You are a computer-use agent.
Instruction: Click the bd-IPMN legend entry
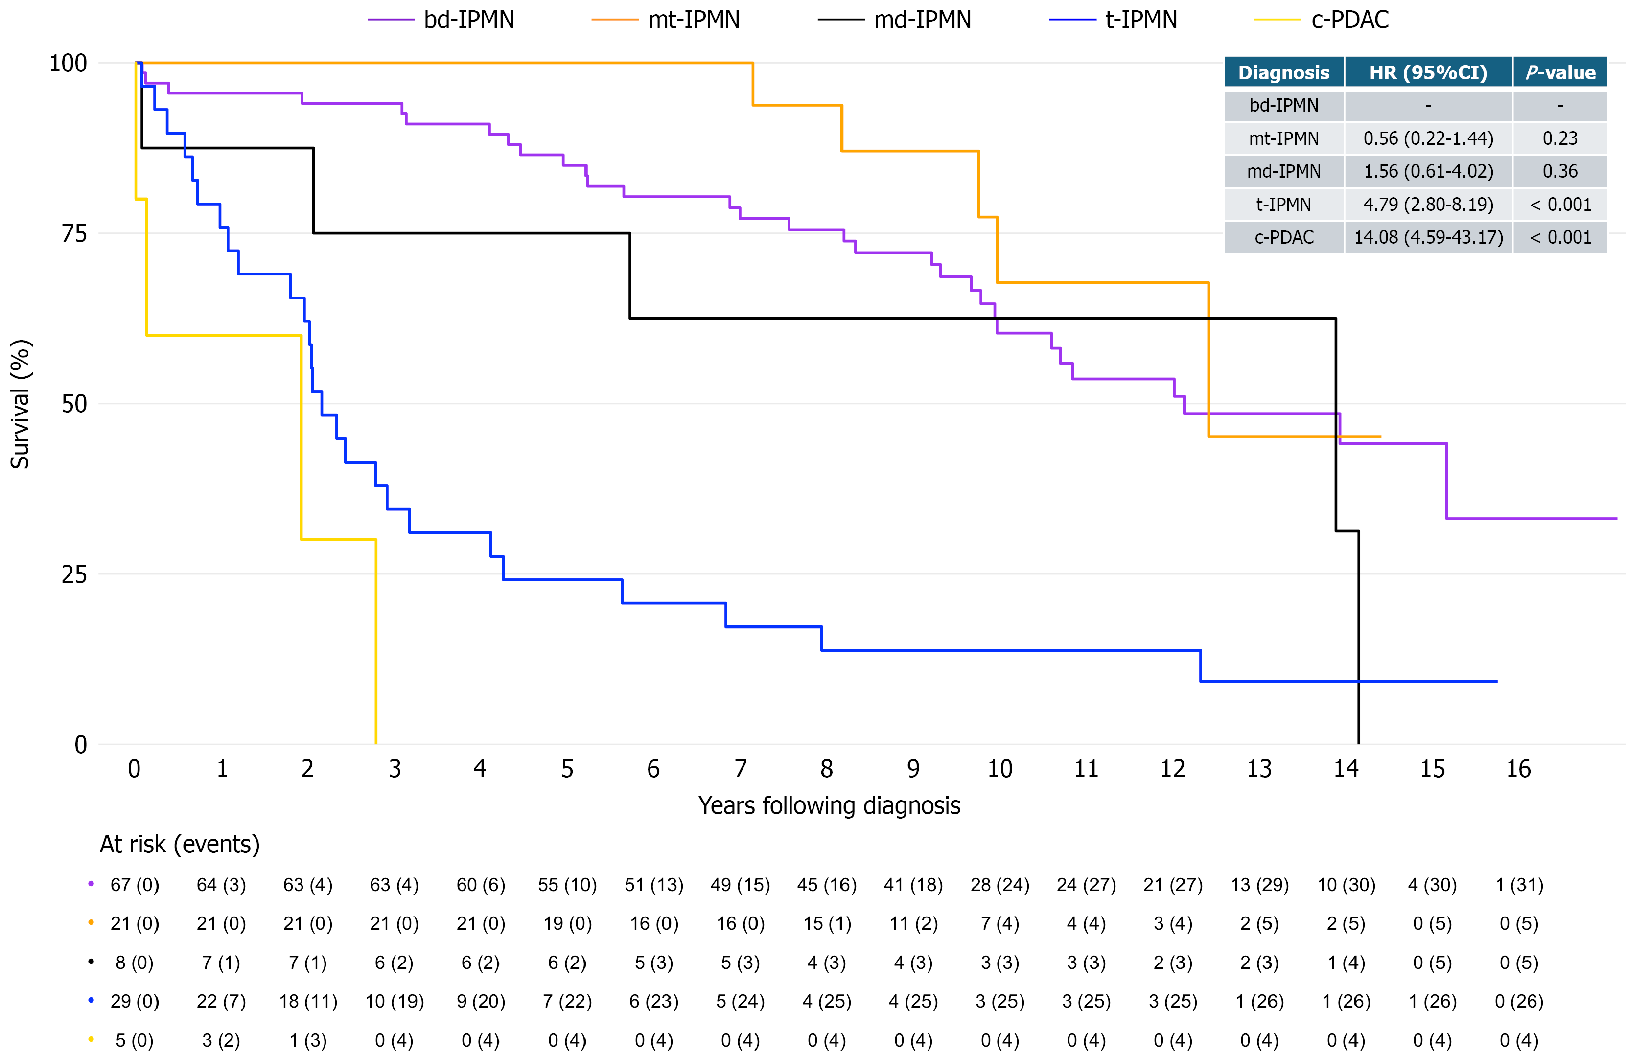point(441,20)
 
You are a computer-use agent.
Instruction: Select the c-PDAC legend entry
point(1321,20)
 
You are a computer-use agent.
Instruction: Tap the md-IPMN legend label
point(922,20)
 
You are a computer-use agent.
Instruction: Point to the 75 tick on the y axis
point(74,233)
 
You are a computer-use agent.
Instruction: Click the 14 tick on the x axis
point(1346,769)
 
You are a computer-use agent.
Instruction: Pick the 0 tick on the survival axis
point(81,744)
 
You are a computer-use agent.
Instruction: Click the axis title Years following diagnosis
point(829,806)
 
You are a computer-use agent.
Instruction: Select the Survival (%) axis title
point(20,404)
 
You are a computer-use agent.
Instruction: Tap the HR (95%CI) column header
point(1428,72)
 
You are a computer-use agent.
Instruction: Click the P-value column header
point(1560,72)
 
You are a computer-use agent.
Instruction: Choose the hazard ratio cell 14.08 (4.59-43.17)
point(1429,238)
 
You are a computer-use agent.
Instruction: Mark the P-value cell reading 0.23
point(1560,138)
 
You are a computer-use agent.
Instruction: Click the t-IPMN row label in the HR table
point(1284,204)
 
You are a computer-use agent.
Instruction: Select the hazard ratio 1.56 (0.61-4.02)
point(1429,171)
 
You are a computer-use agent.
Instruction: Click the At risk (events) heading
point(180,845)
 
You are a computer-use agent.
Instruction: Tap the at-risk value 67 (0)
point(135,885)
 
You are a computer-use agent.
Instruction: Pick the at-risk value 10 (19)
point(394,1002)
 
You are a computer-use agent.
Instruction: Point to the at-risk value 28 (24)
point(999,885)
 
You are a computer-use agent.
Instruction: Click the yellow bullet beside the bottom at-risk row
point(91,1040)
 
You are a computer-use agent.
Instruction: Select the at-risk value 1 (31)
point(1519,885)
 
